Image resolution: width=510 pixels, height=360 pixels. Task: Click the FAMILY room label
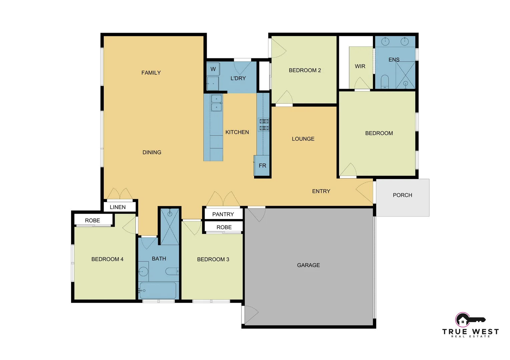coord(151,73)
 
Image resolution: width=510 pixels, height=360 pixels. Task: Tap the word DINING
coord(152,152)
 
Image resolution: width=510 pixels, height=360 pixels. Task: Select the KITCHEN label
coord(237,132)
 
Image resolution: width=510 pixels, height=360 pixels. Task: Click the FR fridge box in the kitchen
coord(262,165)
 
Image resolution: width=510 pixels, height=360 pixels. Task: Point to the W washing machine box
coord(213,69)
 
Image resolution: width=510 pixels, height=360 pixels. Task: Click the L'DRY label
coord(238,78)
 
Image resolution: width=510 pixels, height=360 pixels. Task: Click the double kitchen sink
coord(216,103)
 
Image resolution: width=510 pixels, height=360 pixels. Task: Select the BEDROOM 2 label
coord(305,70)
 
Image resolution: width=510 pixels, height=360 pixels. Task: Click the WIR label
coord(360,66)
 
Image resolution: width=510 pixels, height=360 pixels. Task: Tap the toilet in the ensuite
coord(385,81)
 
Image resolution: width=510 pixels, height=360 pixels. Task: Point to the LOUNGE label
coord(303,139)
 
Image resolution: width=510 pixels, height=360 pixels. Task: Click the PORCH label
coord(402,195)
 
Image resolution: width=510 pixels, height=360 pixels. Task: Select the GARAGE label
coord(308,265)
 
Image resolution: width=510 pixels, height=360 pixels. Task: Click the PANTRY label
coord(223,214)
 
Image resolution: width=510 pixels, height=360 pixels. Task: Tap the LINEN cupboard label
coord(117,207)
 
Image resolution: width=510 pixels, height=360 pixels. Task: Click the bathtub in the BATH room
coord(158,291)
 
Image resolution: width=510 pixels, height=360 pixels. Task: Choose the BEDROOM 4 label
coord(107,259)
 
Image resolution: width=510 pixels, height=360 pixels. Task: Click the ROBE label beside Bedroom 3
coord(224,227)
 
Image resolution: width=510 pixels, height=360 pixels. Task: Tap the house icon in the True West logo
coord(462,321)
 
